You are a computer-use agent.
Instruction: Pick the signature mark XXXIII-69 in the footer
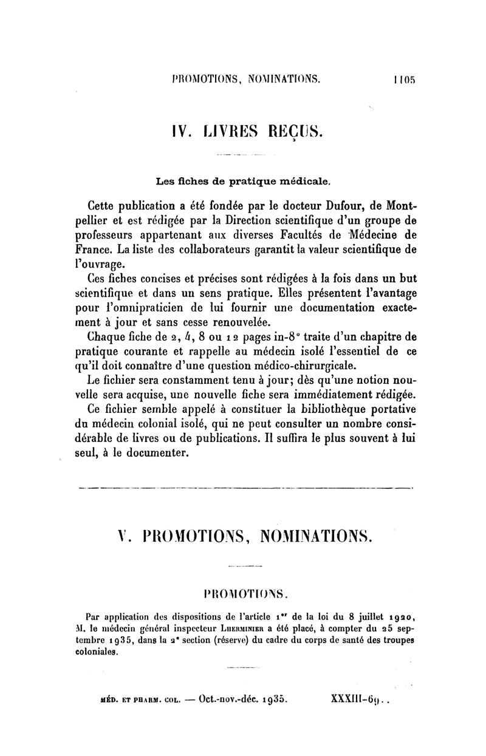pos(358,699)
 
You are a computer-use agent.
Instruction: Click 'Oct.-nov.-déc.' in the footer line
pos(238,699)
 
